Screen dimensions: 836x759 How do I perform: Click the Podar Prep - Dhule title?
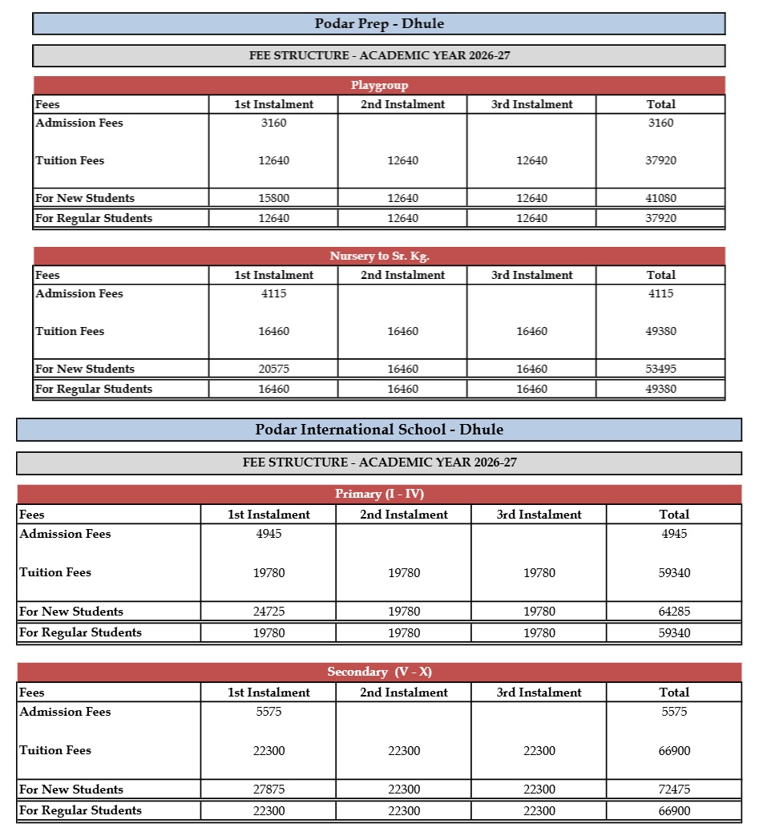pos(378,24)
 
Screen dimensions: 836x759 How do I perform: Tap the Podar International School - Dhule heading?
pos(379,430)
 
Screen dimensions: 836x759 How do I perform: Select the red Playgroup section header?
pos(379,86)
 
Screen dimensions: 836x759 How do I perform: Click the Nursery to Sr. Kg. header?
pos(379,256)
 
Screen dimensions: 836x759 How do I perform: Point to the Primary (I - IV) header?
pos(379,494)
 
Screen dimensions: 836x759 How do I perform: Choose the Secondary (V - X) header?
pos(379,672)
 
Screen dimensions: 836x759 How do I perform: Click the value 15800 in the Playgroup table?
pos(273,198)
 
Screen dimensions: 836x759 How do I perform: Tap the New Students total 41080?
pos(660,198)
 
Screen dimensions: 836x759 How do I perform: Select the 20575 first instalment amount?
pos(273,369)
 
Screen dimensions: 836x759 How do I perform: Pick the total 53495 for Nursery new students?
pos(660,369)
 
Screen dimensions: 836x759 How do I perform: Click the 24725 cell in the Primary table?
pos(268,612)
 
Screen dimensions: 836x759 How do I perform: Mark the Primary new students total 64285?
pos(674,612)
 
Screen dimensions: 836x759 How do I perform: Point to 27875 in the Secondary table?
pos(268,790)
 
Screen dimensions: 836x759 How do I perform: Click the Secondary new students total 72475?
pos(674,790)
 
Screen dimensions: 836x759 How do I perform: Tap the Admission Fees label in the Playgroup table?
pos(79,123)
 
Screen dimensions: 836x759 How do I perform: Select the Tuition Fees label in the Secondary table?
pos(55,750)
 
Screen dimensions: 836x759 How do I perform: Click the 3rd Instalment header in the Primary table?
pos(539,515)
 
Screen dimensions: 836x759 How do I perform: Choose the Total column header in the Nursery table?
pos(660,275)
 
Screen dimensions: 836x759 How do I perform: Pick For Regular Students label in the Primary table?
pos(80,632)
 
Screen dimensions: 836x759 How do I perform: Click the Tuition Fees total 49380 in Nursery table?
pos(660,332)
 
